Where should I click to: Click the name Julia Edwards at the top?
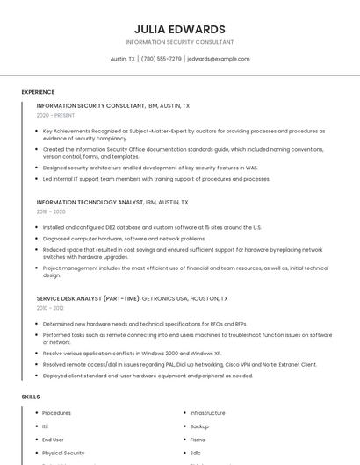[180, 29]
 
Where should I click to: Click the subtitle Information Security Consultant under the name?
[180, 42]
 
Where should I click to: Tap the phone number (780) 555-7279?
[162, 59]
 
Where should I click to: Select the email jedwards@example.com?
[219, 59]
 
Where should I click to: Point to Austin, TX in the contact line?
[122, 59]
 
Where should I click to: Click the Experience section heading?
[38, 92]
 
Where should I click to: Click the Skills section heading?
[31, 397]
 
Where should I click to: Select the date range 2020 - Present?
[55, 115]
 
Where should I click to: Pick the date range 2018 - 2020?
[51, 211]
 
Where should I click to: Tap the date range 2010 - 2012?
[50, 308]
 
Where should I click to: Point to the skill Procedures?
[56, 413]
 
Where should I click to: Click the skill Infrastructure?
[207, 413]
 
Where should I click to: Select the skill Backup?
[199, 426]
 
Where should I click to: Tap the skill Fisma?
[198, 440]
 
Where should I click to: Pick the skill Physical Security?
[63, 453]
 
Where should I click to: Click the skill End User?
[53, 440]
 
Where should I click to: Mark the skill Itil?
[47, 426]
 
